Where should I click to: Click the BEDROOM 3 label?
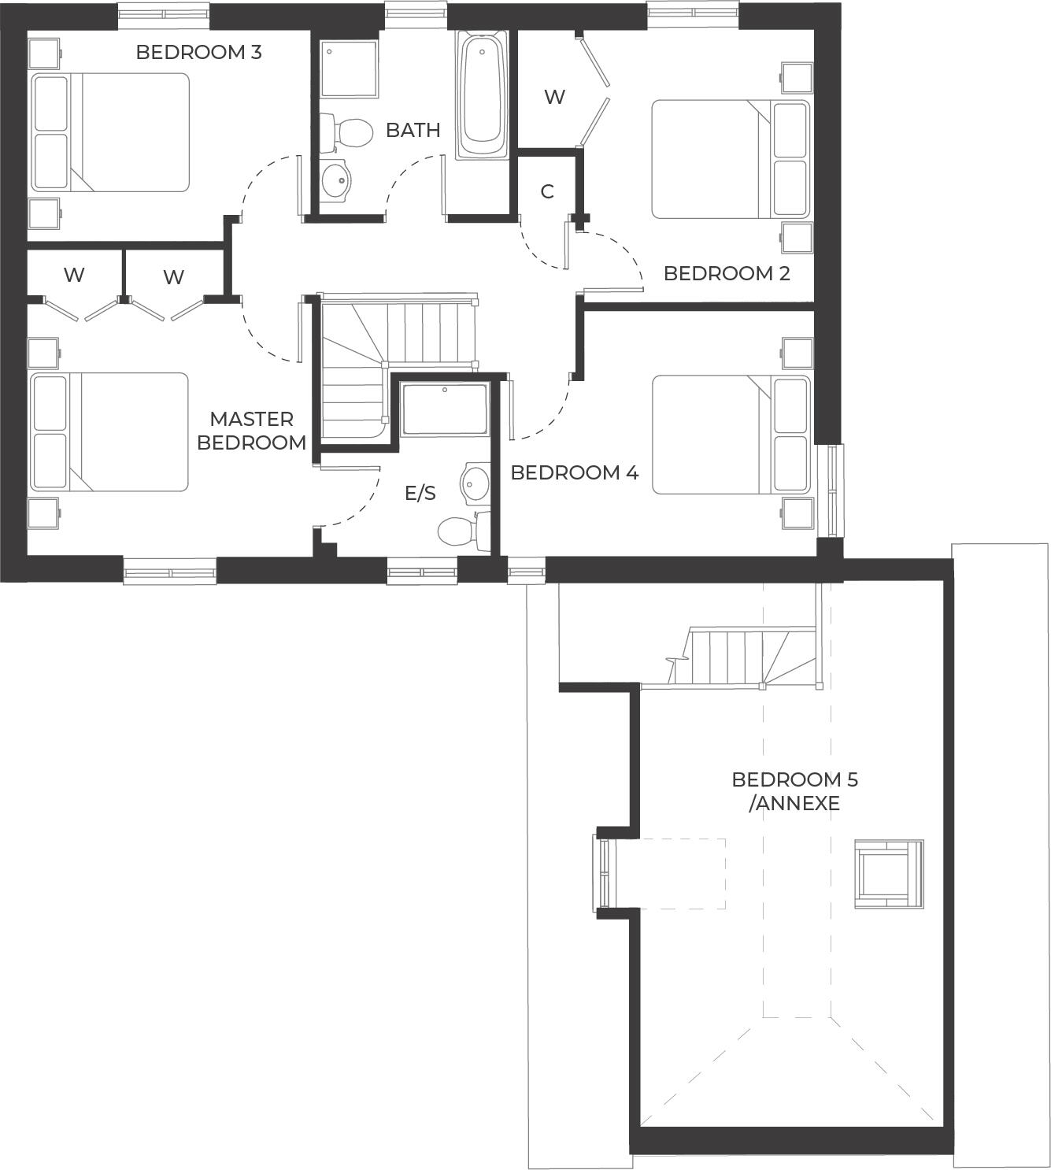[x=198, y=52]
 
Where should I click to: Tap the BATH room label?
[x=413, y=130]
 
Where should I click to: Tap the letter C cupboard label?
[x=547, y=191]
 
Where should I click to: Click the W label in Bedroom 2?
[x=554, y=97]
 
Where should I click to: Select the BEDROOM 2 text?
[x=727, y=273]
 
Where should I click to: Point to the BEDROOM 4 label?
[x=574, y=472]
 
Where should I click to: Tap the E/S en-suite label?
[x=420, y=493]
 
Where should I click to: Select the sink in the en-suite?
[x=475, y=483]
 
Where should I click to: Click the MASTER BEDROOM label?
[x=251, y=431]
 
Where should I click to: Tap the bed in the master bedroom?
[x=109, y=432]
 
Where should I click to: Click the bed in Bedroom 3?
[x=109, y=132]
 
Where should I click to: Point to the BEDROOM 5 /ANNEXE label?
[x=795, y=791]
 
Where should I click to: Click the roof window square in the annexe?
[x=888, y=874]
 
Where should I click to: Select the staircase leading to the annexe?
[x=740, y=657]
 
